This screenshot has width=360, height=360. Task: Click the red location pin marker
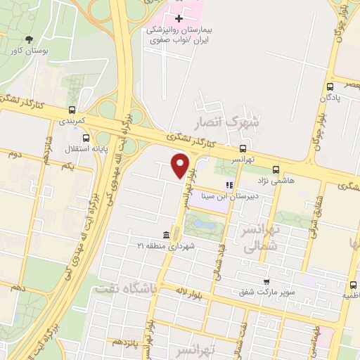point(181,165)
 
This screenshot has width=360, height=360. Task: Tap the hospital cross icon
point(179,18)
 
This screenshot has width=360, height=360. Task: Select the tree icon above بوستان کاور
point(29,39)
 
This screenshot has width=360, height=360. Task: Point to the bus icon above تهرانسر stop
point(243,148)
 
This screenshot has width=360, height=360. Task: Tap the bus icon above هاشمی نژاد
point(276,169)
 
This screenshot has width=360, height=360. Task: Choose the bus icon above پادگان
point(329,86)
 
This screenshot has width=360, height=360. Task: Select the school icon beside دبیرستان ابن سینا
point(229,185)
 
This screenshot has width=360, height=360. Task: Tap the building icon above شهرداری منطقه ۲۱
point(166,234)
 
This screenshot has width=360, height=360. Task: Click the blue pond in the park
point(205,225)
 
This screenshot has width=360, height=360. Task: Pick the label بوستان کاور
point(29,51)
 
